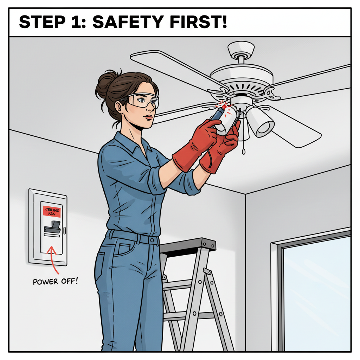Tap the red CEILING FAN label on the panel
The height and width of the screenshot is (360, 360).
pos(52,212)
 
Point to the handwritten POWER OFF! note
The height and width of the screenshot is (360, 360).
pos(55,281)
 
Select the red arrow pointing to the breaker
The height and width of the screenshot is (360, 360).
pos(53,258)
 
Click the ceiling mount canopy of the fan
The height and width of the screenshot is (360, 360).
pos(241,49)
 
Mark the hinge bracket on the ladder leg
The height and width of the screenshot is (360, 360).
pos(207,272)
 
